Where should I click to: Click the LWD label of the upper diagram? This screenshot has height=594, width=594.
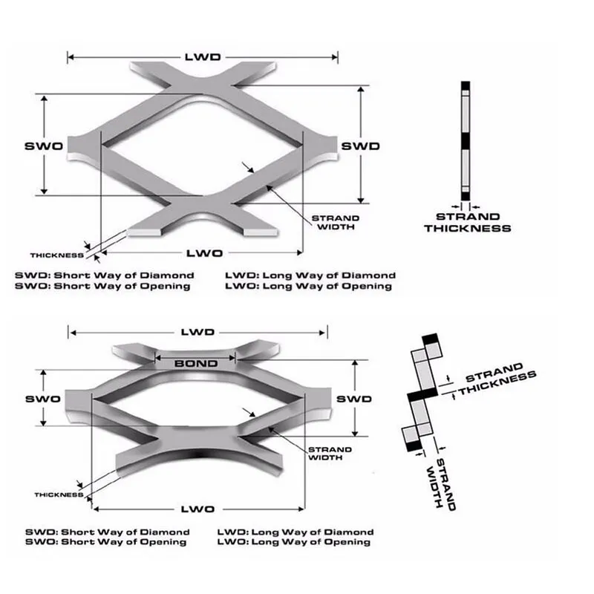[x=203, y=57]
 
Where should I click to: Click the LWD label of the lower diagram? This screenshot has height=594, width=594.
[x=198, y=332]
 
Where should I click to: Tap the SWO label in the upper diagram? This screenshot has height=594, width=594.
[x=44, y=146]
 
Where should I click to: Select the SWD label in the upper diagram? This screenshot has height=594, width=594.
[x=360, y=146]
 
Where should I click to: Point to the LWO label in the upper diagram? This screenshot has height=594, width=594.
[x=205, y=253]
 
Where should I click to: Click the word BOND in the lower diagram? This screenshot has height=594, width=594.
[x=196, y=364]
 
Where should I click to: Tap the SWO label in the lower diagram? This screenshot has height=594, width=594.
[x=43, y=399]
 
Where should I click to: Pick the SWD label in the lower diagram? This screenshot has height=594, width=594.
[x=354, y=399]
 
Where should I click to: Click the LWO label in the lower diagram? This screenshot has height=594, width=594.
[x=198, y=509]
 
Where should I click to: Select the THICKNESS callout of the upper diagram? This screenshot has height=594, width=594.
[x=57, y=255]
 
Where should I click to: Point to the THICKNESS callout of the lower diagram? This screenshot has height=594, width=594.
[x=59, y=495]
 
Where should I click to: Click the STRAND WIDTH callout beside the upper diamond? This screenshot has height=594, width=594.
[x=336, y=222]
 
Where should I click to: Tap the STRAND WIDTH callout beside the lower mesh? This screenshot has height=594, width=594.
[x=330, y=454]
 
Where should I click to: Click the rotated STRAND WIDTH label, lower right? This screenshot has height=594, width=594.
[x=440, y=484]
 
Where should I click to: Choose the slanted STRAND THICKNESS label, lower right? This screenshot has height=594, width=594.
[x=497, y=379]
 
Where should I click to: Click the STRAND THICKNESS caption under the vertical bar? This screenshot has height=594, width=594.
[x=468, y=222]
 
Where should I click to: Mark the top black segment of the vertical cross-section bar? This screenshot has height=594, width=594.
[x=466, y=85]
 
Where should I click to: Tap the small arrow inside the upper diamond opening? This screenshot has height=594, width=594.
[x=248, y=168]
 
